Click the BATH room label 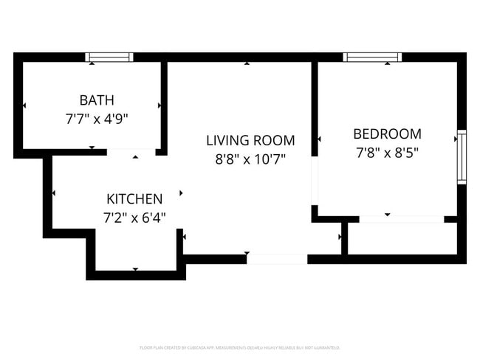97,100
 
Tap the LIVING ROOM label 250,140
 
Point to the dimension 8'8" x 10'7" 250,158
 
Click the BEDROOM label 387,134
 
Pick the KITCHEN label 134,199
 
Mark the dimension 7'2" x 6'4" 134,217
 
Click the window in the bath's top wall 109,57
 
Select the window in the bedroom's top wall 372,57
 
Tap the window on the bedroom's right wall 462,156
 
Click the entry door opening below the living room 276,259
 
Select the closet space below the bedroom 402,238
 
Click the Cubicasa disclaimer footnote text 239,347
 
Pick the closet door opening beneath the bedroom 402,219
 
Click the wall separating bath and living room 164,103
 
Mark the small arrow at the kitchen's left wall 54,193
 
